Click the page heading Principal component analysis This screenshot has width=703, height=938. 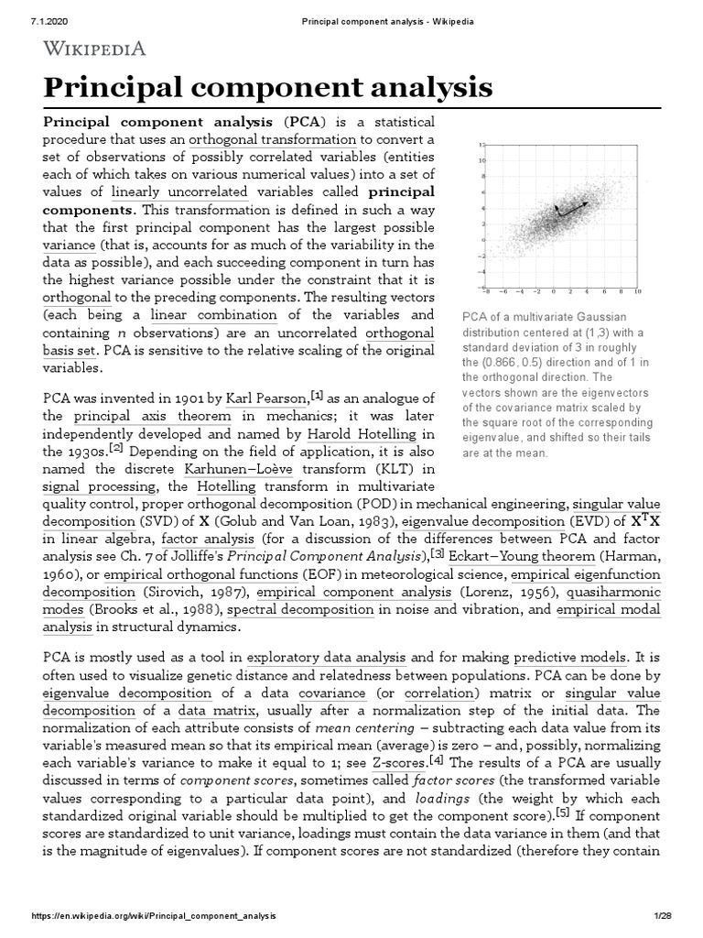tap(268, 89)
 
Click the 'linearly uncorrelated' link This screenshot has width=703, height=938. tap(179, 192)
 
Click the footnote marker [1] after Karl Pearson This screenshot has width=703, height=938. tap(317, 395)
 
